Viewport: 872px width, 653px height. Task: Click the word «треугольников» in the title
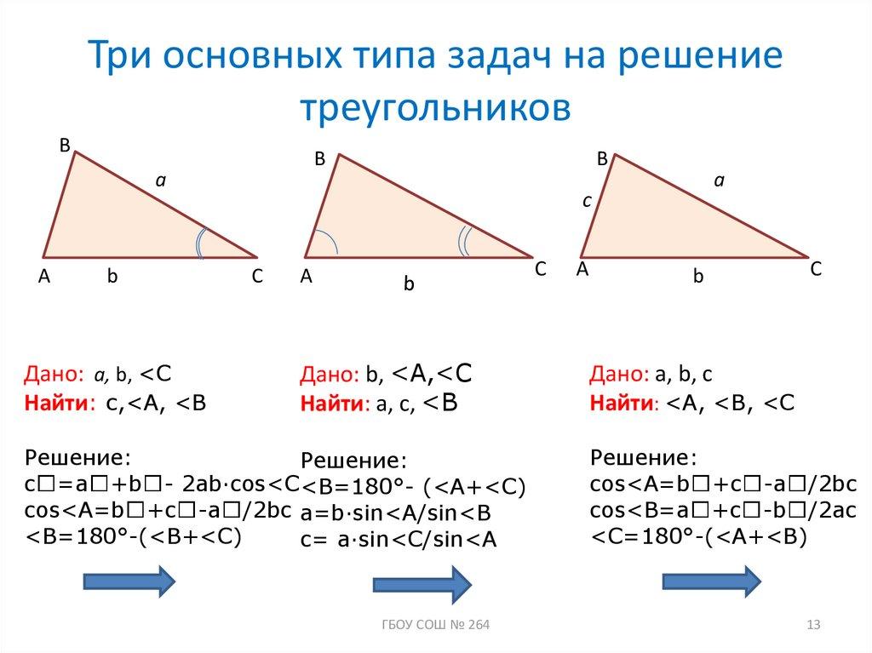[x=434, y=108]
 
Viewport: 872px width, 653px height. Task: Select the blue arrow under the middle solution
[x=422, y=586]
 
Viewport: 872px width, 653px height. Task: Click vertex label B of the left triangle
[x=64, y=146]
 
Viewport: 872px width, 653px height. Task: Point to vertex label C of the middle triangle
[x=540, y=267]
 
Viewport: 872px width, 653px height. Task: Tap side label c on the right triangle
[x=586, y=202]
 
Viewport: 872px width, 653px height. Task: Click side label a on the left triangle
[x=158, y=180]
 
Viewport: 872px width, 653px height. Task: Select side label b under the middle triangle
[x=409, y=286]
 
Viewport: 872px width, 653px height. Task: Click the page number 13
[x=812, y=627]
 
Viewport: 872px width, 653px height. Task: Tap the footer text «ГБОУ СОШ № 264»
[x=434, y=627]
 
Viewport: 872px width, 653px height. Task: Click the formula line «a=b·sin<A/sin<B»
[x=395, y=513]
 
